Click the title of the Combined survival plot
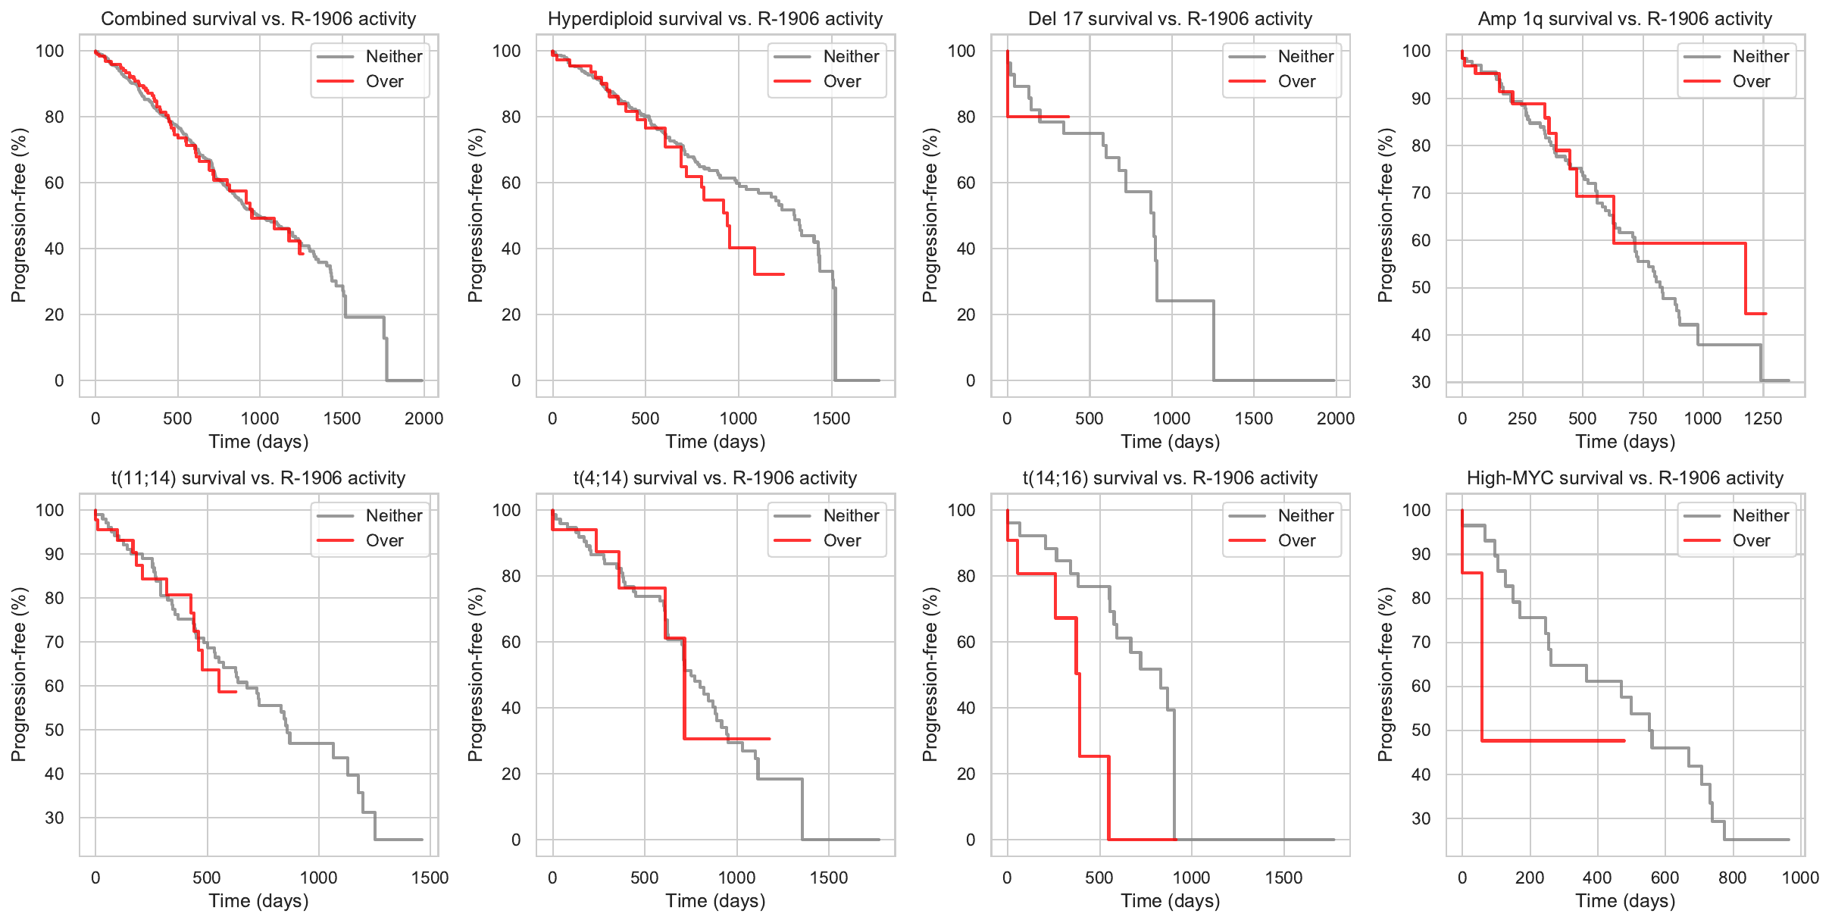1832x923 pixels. pos(258,19)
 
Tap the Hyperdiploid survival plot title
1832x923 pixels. pos(715,19)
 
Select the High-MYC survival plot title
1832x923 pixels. pos(1625,478)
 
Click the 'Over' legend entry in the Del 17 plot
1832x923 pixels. pos(1296,82)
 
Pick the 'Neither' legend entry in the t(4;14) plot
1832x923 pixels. pos(851,516)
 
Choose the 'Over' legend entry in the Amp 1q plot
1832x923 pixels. pos(1751,82)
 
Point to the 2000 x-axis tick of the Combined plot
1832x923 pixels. pos(424,418)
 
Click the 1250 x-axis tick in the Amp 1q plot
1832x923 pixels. pos(1763,418)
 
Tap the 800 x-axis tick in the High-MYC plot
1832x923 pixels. pos(1732,878)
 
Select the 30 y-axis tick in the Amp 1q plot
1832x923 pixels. pos(1421,383)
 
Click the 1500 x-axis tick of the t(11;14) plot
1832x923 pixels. pos(430,878)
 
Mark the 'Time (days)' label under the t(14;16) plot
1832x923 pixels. pos(1171,901)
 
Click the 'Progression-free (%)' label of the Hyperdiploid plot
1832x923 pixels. pos(475,215)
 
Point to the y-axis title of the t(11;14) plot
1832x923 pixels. pos(18,674)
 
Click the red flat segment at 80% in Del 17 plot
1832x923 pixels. pos(1038,117)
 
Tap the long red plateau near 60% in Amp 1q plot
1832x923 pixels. pos(1679,243)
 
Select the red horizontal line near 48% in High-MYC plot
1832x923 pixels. pos(1553,740)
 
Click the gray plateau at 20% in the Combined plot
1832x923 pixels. pos(364,317)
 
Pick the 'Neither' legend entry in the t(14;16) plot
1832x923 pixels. pos(1305,516)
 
